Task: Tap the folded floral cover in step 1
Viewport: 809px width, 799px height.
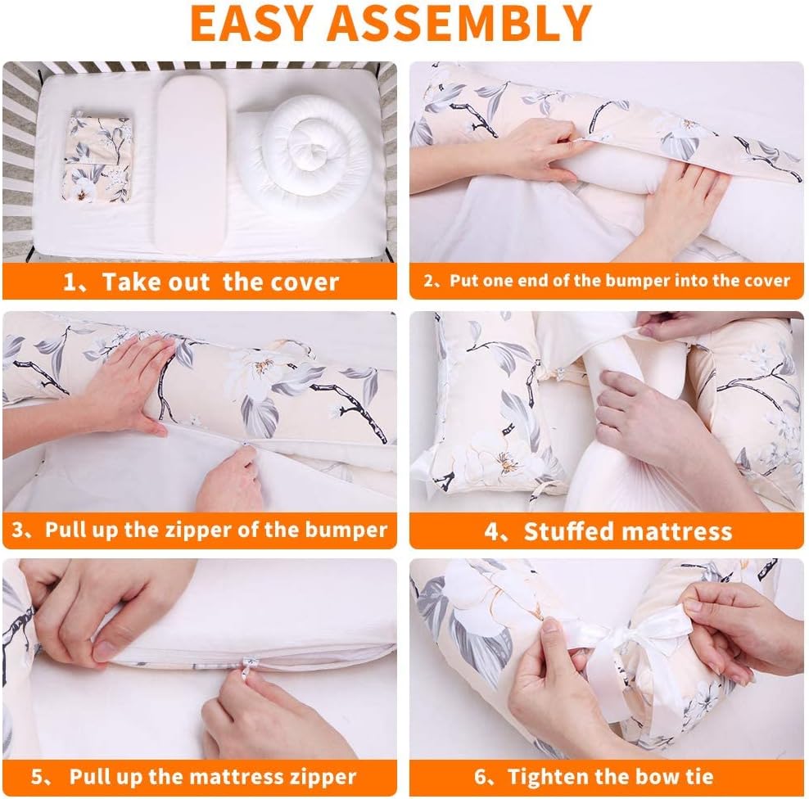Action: pos(97,158)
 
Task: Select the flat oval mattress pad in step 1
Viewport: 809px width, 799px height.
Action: pos(192,163)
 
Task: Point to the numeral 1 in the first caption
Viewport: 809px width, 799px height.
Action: pos(70,282)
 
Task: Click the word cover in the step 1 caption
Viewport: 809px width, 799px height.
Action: pos(310,282)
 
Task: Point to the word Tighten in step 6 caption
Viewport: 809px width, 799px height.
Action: pos(547,776)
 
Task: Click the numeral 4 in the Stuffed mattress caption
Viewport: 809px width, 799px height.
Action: pos(490,532)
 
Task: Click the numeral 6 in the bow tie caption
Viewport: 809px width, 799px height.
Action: pos(480,777)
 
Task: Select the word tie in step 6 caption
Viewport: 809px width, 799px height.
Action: pos(699,776)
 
